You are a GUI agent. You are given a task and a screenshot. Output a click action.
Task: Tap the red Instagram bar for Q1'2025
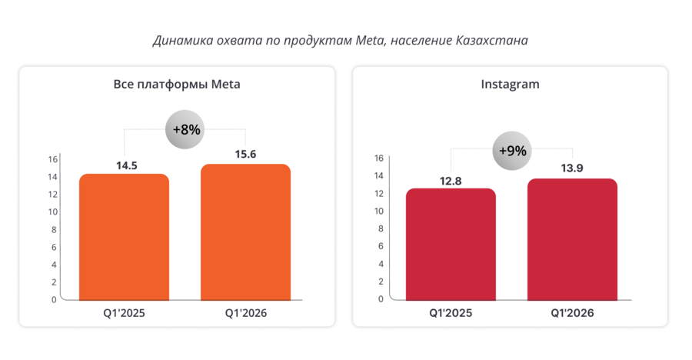[x=451, y=244]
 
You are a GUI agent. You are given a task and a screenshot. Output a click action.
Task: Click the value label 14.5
[x=124, y=164]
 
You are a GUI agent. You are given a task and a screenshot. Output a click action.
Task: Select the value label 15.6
[x=245, y=155]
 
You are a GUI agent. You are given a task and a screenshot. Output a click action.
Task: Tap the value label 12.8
[x=451, y=179]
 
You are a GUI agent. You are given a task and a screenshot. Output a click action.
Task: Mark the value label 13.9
[x=572, y=169]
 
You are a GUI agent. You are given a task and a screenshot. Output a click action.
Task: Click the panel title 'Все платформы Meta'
[x=177, y=85]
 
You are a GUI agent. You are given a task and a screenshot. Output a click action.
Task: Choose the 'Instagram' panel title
[x=510, y=85]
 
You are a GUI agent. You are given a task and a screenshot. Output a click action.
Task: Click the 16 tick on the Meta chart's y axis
[x=53, y=159]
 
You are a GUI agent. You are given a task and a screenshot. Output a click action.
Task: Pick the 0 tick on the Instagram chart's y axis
[x=380, y=299]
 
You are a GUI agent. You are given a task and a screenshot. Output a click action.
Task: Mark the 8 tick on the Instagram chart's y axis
[x=380, y=228]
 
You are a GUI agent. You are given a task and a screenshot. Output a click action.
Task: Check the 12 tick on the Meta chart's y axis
[x=53, y=194]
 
